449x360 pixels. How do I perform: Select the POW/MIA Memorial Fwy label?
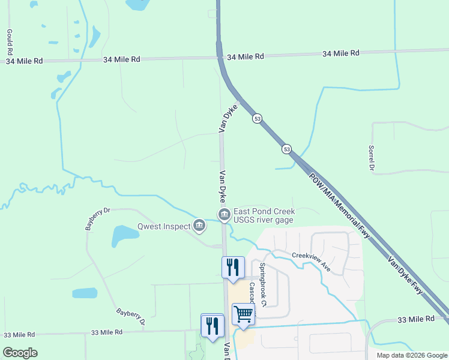pyautogui.click(x=341, y=203)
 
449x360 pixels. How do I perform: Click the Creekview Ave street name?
pyautogui.click(x=312, y=262)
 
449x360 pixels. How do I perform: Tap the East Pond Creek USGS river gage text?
pyautogui.click(x=264, y=215)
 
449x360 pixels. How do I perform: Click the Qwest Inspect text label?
pyautogui.click(x=163, y=226)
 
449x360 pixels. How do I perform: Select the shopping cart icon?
pyautogui.click(x=243, y=313)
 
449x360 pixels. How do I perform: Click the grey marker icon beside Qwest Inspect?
pyautogui.click(x=199, y=226)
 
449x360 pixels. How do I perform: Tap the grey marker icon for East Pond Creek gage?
pyautogui.click(x=223, y=214)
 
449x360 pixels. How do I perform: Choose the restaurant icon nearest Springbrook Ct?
pyautogui.click(x=232, y=266)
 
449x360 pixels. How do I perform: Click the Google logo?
pyautogui.click(x=20, y=353)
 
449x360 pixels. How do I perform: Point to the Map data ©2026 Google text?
pyautogui.click(x=411, y=355)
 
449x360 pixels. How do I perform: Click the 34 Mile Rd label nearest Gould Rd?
pyautogui.click(x=24, y=61)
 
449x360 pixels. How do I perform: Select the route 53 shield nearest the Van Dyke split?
pyautogui.click(x=257, y=118)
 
